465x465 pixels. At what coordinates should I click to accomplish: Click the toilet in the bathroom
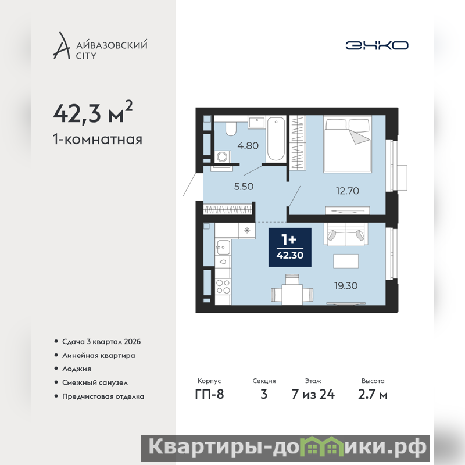tap(230, 128)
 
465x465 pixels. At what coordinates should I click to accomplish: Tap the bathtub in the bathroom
tap(276, 139)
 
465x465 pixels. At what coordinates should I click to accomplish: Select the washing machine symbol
tap(221, 156)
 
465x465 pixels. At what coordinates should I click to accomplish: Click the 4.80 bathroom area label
tap(248, 146)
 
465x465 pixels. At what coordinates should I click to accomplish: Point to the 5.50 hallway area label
tap(244, 187)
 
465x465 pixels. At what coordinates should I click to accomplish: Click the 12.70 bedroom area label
tap(347, 191)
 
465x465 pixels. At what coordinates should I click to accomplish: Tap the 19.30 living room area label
tap(346, 286)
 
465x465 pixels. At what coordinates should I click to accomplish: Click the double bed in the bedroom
tap(348, 144)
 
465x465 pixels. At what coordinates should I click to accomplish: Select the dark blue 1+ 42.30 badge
tap(289, 248)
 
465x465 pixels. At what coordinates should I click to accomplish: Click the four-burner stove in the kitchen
tap(223, 287)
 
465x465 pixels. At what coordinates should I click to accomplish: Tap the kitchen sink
tap(223, 247)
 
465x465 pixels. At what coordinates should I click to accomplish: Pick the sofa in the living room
tap(346, 234)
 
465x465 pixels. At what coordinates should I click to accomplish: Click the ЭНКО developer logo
tap(377, 45)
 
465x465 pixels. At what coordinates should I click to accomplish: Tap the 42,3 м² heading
tap(93, 112)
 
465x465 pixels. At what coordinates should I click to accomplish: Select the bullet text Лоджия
tap(77, 369)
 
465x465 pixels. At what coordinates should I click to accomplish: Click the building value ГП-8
tap(209, 395)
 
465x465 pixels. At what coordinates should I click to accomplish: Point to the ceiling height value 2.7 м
tap(373, 395)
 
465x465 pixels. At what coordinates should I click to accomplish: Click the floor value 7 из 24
tap(313, 395)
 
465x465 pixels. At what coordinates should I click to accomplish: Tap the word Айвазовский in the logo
tap(112, 45)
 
